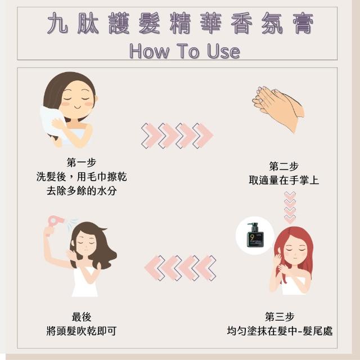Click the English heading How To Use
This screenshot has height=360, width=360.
(x=185, y=51)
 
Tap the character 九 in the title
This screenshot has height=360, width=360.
(x=57, y=24)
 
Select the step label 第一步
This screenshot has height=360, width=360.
(x=82, y=163)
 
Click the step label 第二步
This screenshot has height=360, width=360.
(x=283, y=166)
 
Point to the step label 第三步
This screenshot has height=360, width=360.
(x=280, y=317)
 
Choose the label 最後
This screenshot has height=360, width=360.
(x=82, y=317)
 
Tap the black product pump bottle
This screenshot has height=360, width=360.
(x=255, y=235)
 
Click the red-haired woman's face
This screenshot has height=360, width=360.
(x=295, y=252)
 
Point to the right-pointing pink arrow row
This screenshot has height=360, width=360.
(x=177, y=136)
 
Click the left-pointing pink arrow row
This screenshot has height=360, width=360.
(x=180, y=268)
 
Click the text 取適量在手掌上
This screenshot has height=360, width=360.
(x=284, y=180)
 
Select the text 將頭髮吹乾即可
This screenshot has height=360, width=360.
(x=82, y=331)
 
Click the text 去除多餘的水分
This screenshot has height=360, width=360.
(x=82, y=191)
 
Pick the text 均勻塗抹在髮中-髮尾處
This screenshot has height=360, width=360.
(x=280, y=331)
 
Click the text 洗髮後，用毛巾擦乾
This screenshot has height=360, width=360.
(x=82, y=177)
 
